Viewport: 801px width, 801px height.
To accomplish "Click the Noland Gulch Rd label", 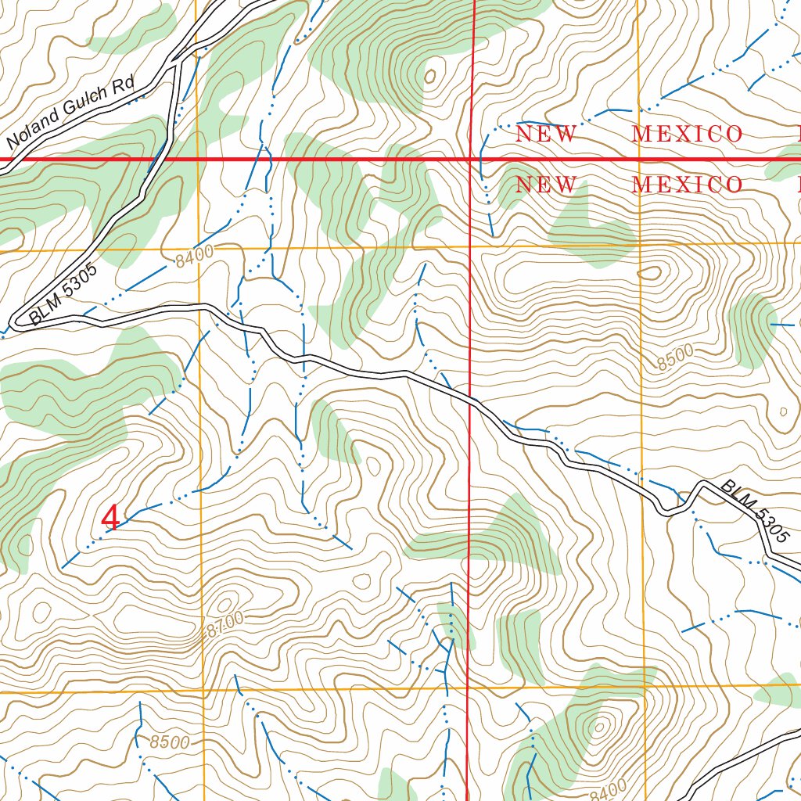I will coord(71,113).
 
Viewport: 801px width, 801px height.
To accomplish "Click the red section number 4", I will coord(111,518).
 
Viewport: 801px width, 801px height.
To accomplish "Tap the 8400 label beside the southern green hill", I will coord(609,789).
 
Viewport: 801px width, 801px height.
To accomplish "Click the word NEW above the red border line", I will coord(546,135).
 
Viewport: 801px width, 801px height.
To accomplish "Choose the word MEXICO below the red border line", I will coord(687,185).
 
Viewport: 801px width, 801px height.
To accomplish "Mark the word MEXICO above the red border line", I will coord(687,135).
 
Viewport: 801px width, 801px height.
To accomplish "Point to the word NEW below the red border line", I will coord(546,185).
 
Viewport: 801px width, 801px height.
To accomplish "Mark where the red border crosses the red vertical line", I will coord(472,159).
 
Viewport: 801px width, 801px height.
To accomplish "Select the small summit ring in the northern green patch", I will coord(430,77).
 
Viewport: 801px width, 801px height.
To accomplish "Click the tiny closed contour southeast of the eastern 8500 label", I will coord(783,411).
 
